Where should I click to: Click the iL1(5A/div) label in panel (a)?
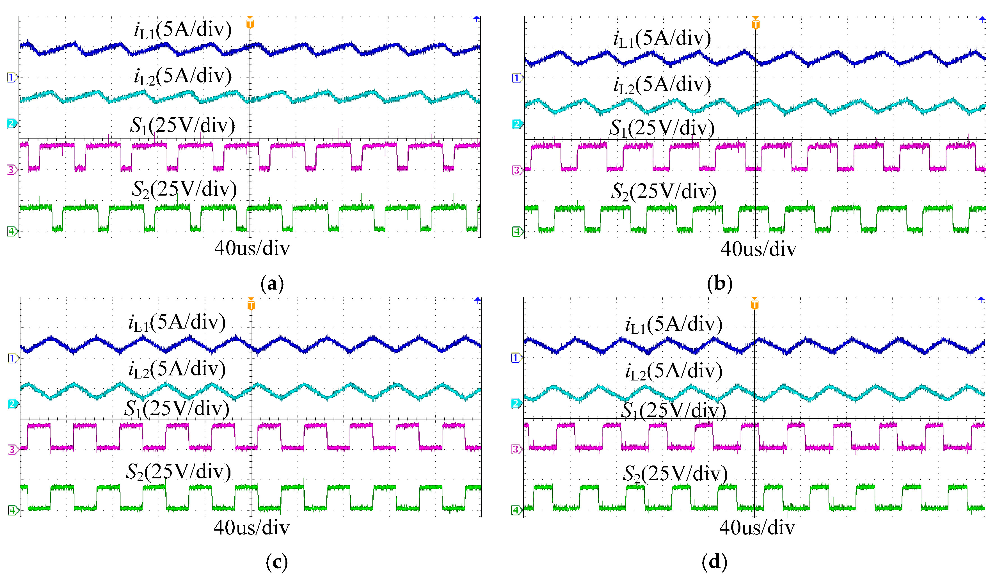tap(182, 30)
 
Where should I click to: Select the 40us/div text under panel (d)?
tap(757, 528)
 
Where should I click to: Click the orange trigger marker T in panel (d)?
tap(754, 303)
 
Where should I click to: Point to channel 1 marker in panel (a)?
tap(11, 77)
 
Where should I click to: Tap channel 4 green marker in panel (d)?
tap(516, 510)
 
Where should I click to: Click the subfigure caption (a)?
tap(272, 284)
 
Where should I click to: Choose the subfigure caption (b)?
tap(719, 284)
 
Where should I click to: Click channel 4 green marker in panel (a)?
tap(12, 231)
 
